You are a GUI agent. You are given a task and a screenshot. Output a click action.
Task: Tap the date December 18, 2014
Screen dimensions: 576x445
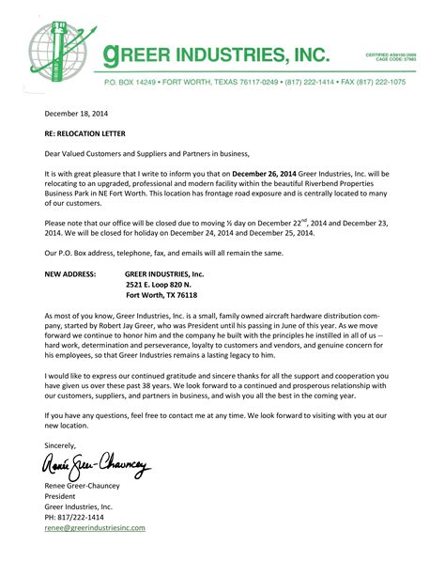click(76, 112)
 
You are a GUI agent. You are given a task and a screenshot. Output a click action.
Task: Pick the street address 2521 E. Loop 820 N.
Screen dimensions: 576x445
click(159, 283)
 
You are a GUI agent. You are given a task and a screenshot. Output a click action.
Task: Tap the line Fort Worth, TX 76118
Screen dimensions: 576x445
click(161, 293)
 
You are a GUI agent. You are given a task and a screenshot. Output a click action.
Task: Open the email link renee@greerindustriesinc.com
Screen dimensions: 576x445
click(95, 528)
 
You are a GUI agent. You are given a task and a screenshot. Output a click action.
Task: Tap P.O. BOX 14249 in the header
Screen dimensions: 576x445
click(131, 82)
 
